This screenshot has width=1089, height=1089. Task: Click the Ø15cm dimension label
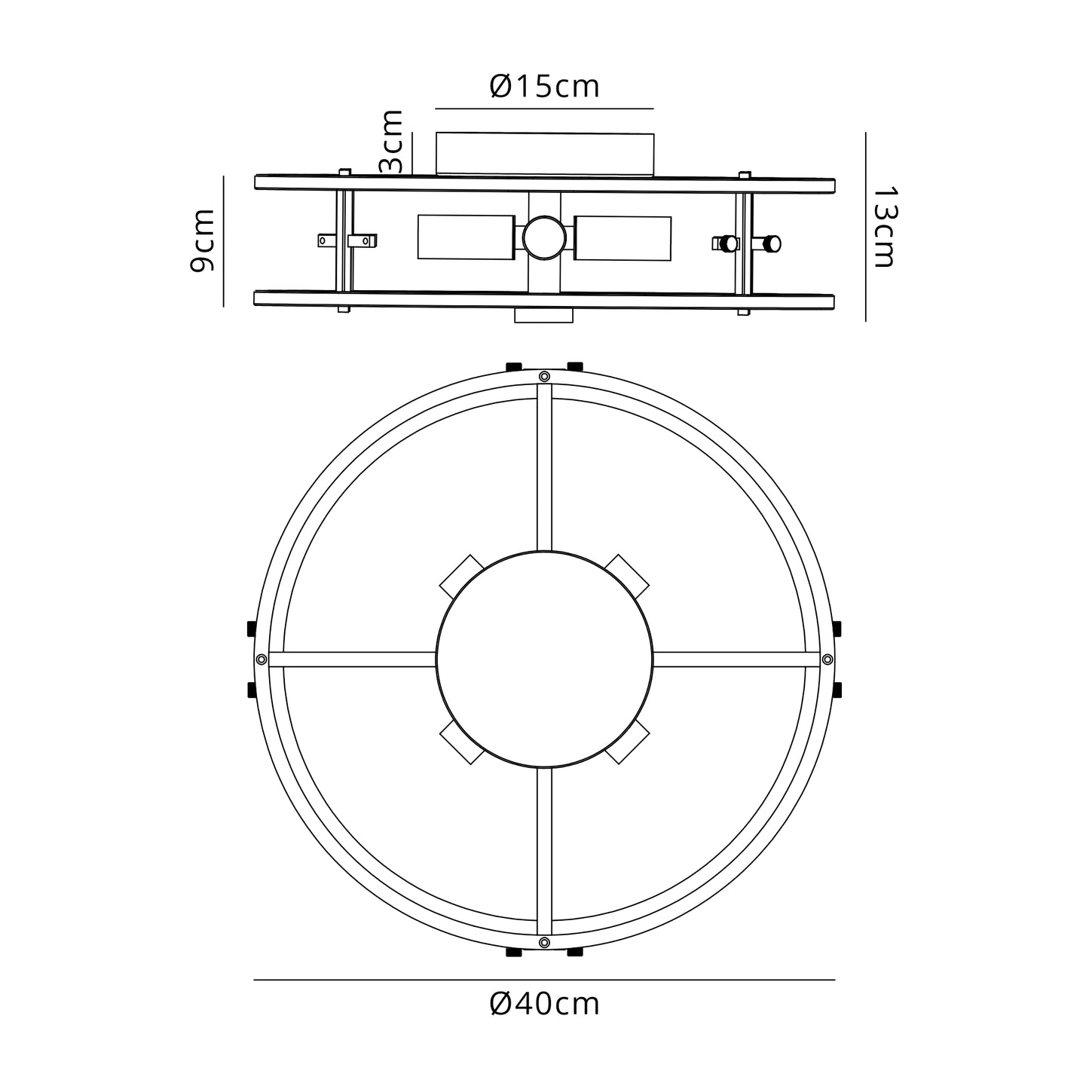click(544, 87)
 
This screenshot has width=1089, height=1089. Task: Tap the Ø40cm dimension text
click(544, 1005)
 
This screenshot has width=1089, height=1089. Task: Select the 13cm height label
click(883, 227)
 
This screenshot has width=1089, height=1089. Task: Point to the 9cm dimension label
click(202, 240)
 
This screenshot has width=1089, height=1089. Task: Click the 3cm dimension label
click(390, 142)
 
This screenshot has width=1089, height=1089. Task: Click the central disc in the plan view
click(544, 659)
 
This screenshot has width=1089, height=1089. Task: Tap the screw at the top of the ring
click(544, 376)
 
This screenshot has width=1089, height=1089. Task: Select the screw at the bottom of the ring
click(544, 942)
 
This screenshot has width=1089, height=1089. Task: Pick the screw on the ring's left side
click(261, 659)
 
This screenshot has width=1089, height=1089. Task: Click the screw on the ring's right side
click(827, 659)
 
